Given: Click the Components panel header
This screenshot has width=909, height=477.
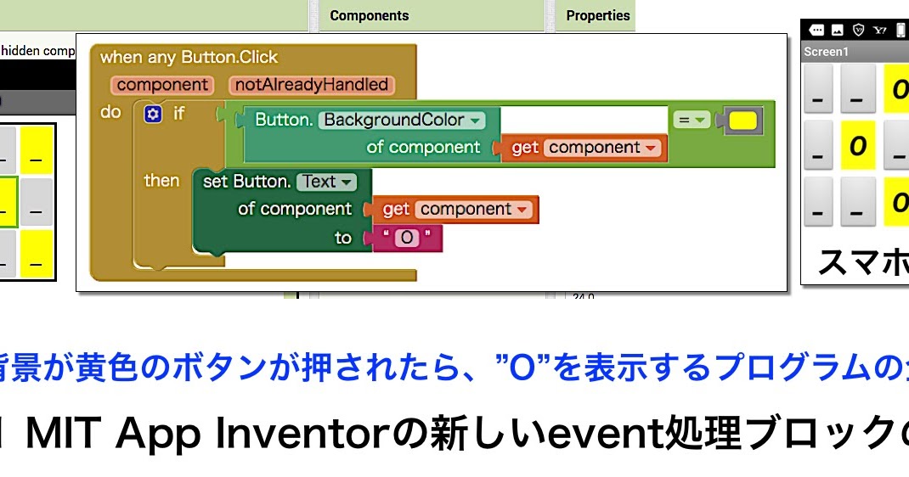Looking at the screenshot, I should tap(369, 15).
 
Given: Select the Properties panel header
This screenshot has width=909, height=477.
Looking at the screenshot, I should tap(598, 15).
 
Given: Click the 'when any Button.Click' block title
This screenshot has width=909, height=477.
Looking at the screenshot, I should tap(189, 58).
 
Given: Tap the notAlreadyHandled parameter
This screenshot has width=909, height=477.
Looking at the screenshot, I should tap(311, 85).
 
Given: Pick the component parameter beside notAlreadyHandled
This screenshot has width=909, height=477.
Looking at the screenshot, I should tap(162, 85).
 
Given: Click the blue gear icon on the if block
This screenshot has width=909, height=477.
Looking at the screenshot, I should tap(153, 114).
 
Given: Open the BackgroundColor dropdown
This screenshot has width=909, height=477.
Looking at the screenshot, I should tap(402, 120).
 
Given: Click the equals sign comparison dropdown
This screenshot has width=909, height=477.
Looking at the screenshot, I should tap(692, 121).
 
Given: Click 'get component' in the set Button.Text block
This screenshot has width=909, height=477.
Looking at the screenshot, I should tap(456, 210).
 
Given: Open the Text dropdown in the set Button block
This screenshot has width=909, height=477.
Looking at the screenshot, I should tap(326, 182).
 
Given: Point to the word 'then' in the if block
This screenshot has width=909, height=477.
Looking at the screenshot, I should tap(161, 181).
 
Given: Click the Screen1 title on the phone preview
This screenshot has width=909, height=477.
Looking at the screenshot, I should tap(826, 52).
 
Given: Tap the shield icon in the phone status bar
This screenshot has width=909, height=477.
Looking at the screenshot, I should tap(859, 30).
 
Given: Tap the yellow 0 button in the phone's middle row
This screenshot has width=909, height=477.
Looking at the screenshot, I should tap(858, 146).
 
